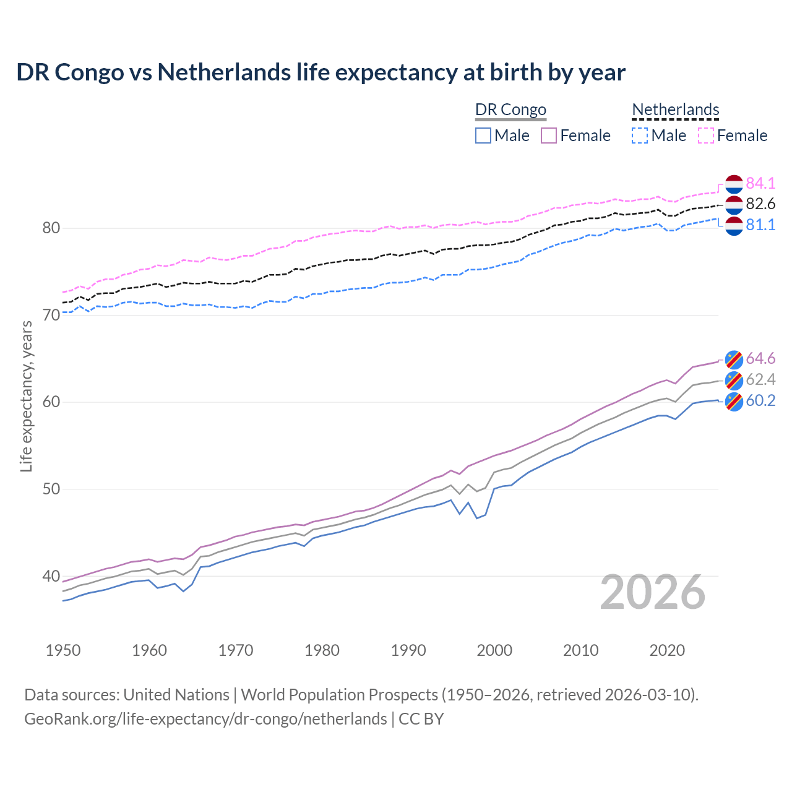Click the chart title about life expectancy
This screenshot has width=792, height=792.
tap(321, 72)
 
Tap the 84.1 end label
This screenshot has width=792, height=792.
tap(760, 183)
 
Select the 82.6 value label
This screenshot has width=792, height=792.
tap(760, 204)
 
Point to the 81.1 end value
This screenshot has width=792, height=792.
tap(760, 225)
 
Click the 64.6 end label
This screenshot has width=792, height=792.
tap(760, 359)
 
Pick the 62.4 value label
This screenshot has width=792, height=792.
tap(760, 379)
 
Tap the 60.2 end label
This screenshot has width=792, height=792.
tap(760, 400)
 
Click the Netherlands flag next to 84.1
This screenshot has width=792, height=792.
tap(734, 184)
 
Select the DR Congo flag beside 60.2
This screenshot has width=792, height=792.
tap(734, 401)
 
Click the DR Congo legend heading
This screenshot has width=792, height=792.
tap(510, 110)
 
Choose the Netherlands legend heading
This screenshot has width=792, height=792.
tap(675, 110)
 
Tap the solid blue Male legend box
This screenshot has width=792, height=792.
tap(483, 136)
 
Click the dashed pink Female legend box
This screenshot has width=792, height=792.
tap(706, 136)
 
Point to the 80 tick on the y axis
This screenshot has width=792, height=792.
tap(51, 228)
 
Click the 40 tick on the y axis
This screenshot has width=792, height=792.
tap(51, 576)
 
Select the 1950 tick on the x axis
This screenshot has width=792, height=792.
tap(63, 650)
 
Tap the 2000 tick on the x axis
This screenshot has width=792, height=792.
tap(494, 650)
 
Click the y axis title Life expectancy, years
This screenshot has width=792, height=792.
tap(26, 396)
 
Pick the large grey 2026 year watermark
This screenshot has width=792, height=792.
tap(652, 592)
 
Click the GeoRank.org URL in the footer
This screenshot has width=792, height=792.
tap(205, 719)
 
